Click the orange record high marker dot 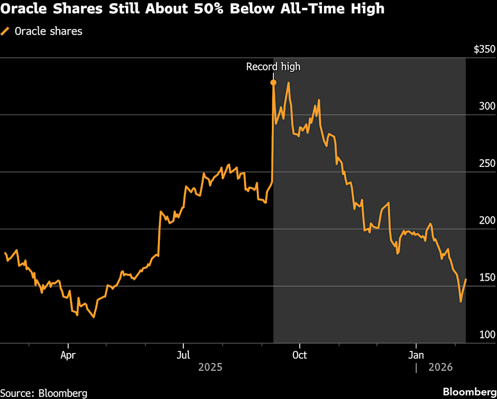coord(273,82)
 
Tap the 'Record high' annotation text coord(273,67)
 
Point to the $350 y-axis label coord(484,50)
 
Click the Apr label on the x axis coord(68,355)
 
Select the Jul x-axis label coord(183,355)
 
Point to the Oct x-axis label coord(299,355)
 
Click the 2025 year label coord(210,367)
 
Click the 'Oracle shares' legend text coord(48,31)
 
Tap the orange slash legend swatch coord(6,31)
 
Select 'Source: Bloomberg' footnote coord(43,393)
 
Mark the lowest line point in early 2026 coord(461,301)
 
